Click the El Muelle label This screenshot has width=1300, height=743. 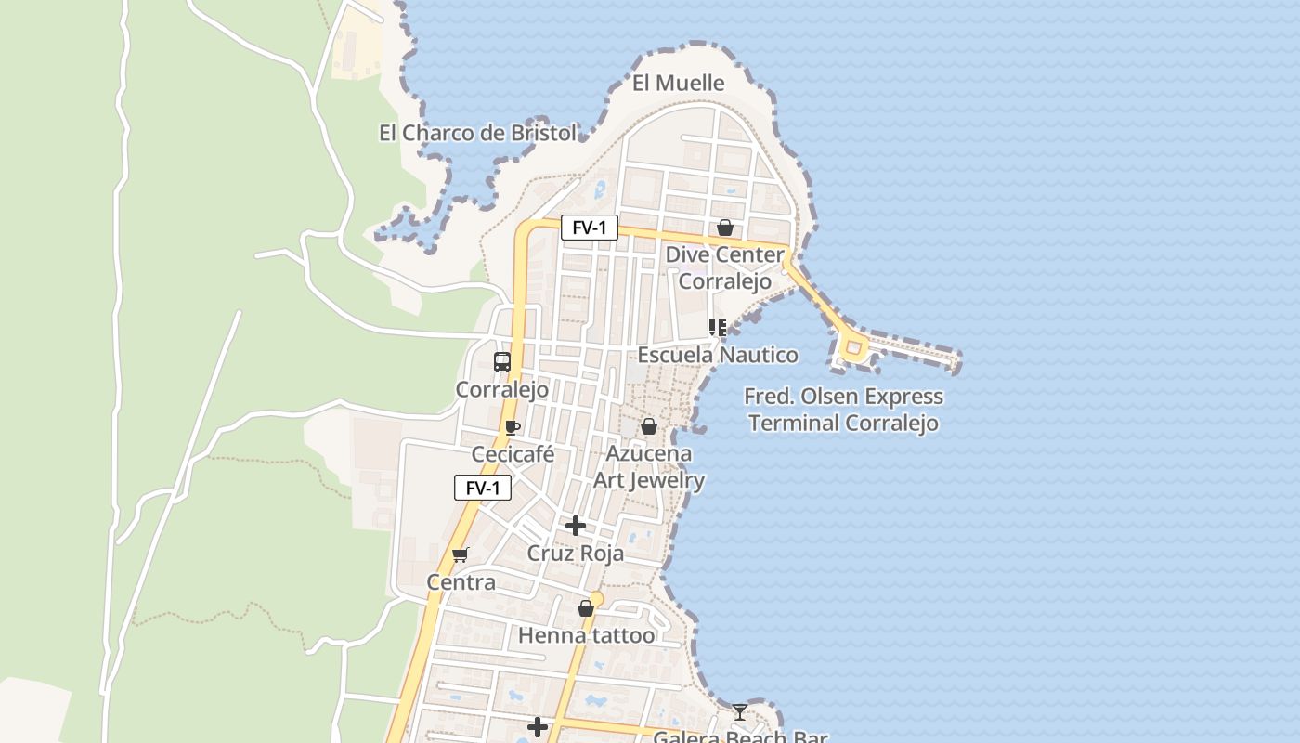(x=678, y=84)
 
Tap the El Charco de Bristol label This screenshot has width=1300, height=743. (x=477, y=133)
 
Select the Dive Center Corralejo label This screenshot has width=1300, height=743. (x=724, y=267)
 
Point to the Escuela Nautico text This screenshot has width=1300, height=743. (x=717, y=355)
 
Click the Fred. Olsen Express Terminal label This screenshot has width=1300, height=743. (x=843, y=410)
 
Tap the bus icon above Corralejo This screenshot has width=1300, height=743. (x=502, y=361)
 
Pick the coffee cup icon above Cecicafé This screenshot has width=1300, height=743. (x=512, y=427)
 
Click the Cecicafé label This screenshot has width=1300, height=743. (x=513, y=454)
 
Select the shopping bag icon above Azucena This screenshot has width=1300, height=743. (x=649, y=426)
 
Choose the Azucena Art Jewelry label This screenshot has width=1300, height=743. (x=649, y=466)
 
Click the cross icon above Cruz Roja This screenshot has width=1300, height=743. (x=576, y=526)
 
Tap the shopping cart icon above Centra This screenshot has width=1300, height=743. (x=461, y=554)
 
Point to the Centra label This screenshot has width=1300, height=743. (x=461, y=582)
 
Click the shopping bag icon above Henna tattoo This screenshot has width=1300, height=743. (x=586, y=608)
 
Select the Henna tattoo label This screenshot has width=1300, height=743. (x=586, y=635)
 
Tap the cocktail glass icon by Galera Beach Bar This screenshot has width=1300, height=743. (x=739, y=712)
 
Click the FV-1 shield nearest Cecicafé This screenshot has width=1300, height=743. (x=483, y=488)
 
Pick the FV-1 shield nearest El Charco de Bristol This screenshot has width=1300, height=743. (x=589, y=228)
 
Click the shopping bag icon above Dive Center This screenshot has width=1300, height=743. (x=725, y=228)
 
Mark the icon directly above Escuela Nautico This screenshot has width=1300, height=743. (x=717, y=327)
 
